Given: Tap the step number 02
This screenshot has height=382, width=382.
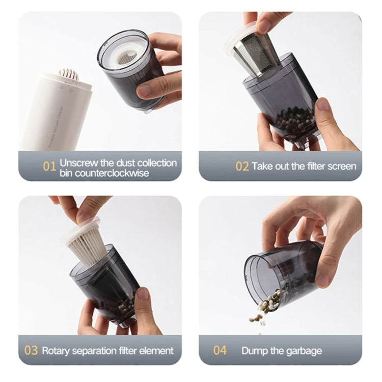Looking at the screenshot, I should [241, 167].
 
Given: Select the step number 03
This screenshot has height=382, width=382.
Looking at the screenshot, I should [32, 350].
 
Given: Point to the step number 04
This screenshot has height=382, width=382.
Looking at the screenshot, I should [220, 350].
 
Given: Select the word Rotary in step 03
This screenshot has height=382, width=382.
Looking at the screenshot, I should [56, 350].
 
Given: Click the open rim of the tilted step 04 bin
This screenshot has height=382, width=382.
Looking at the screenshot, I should [255, 278].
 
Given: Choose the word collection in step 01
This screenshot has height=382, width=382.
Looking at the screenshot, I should [153, 163].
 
